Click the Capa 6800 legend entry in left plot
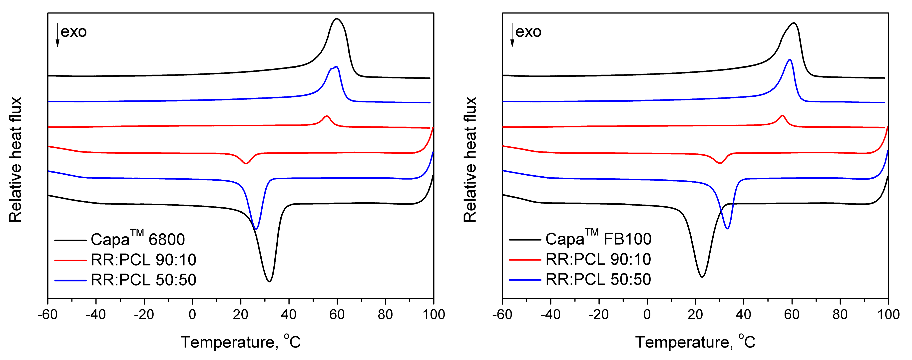(x=138, y=240)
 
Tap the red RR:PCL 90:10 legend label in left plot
(x=143, y=260)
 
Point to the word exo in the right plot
(x=528, y=32)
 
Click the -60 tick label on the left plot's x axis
(x=47, y=314)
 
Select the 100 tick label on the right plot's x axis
(x=888, y=314)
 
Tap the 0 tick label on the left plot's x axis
(x=192, y=314)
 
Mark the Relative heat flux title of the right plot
(x=470, y=159)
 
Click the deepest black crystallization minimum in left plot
(x=269, y=281)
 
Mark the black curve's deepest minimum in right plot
(x=702, y=277)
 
